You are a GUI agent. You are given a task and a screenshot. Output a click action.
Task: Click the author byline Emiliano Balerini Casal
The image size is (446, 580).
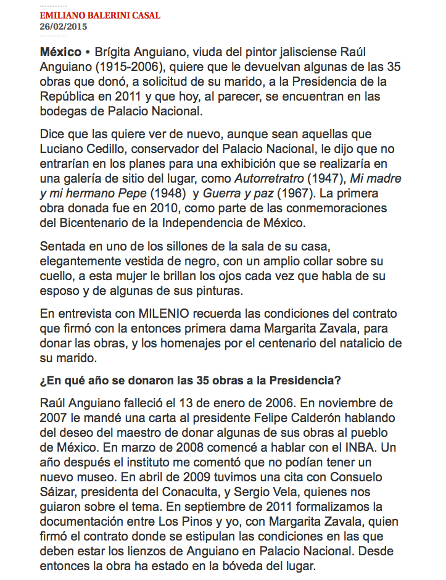point(99,15)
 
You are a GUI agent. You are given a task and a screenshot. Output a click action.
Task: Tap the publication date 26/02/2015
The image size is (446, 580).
point(64,27)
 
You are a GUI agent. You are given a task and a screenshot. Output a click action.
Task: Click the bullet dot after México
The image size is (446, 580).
point(88,51)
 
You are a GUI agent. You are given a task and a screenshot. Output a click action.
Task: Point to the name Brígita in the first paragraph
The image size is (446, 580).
point(115,51)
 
